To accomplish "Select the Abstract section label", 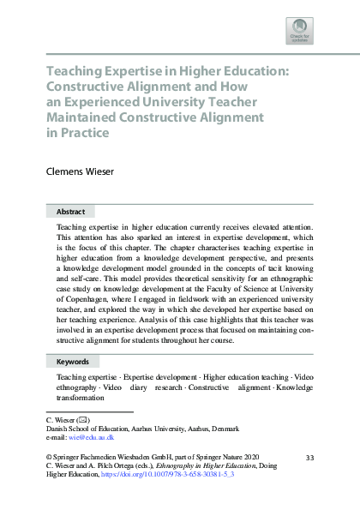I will click(x=70, y=211).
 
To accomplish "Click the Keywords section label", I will click(x=74, y=362).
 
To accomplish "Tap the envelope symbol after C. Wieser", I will click(x=84, y=420).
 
